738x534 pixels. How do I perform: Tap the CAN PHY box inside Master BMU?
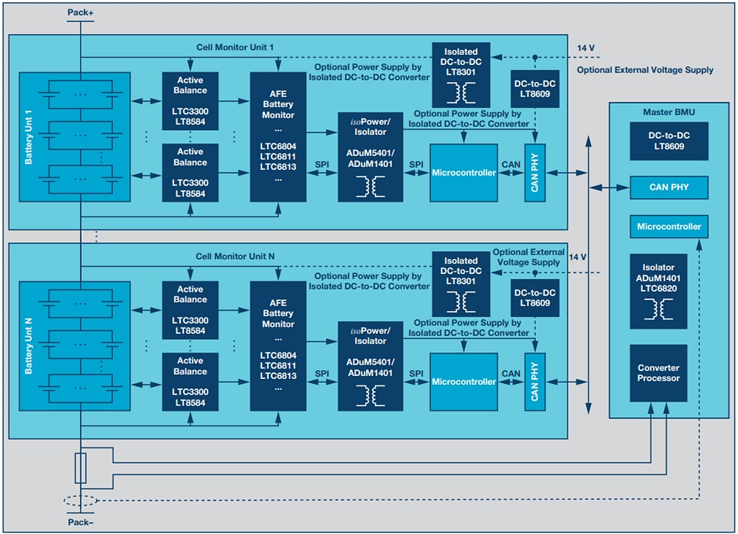click(669, 188)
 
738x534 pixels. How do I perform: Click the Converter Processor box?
click(658, 373)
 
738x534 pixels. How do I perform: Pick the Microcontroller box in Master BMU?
click(669, 227)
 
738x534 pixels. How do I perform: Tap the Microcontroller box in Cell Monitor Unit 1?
click(463, 172)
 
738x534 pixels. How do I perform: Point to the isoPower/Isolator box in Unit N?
click(370, 366)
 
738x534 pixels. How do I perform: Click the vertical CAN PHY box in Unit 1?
click(534, 172)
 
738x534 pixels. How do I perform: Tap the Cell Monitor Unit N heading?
click(235, 256)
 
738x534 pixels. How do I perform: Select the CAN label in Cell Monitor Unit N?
click(511, 374)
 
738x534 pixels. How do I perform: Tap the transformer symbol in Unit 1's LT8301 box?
click(461, 92)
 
